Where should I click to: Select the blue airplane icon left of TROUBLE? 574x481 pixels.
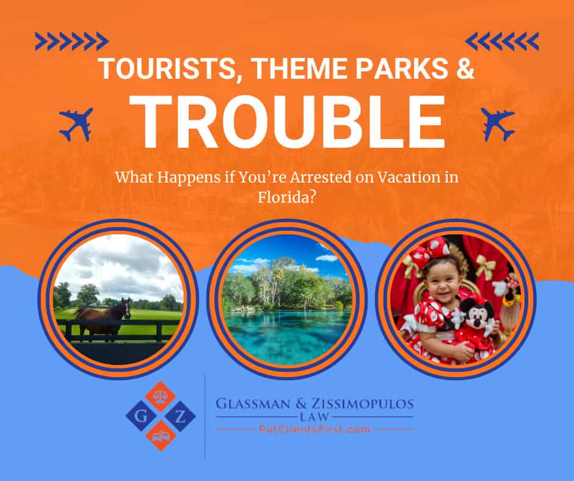tap(76, 125)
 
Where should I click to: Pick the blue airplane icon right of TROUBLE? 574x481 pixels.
tap(498, 125)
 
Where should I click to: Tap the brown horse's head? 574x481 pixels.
tap(126, 308)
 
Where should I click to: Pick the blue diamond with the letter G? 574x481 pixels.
tap(140, 416)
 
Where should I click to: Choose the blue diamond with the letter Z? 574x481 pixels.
tap(181, 416)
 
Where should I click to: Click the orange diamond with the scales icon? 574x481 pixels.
tap(161, 396)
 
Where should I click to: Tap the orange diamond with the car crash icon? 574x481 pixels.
tap(161, 436)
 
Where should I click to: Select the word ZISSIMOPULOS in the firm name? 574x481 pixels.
tap(362, 404)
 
